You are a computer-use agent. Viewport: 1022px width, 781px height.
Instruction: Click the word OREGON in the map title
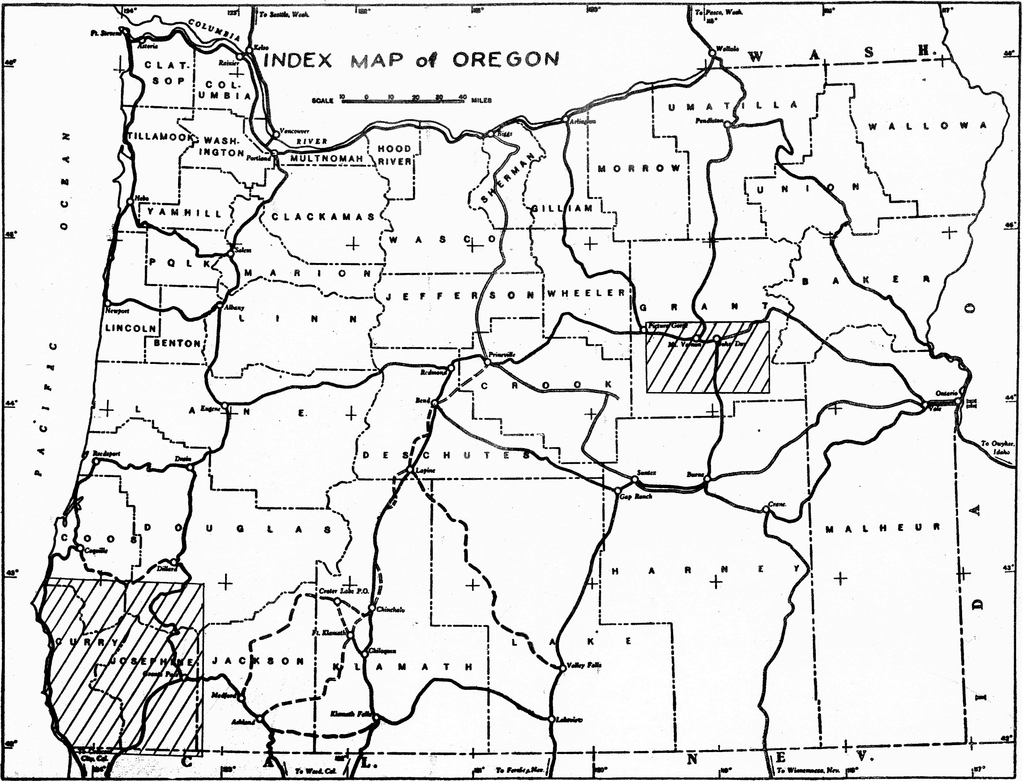click(x=505, y=59)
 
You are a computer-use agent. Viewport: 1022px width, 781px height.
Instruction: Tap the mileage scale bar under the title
click(x=403, y=101)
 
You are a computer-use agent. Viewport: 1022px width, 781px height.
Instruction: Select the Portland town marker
click(x=275, y=152)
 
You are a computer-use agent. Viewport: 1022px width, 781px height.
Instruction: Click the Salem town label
click(x=243, y=250)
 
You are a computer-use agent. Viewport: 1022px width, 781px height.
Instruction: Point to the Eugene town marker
click(x=225, y=406)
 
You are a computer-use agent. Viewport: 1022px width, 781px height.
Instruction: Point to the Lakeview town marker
click(x=551, y=719)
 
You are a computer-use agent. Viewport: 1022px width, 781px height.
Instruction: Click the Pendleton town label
click(x=709, y=120)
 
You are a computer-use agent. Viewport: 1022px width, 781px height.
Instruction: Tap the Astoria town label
click(x=148, y=46)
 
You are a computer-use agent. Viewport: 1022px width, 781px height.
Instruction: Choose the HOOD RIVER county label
click(x=394, y=155)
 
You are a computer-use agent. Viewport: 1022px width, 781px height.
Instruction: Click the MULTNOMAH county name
click(x=327, y=159)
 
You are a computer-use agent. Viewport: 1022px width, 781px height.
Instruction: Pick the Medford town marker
click(x=241, y=697)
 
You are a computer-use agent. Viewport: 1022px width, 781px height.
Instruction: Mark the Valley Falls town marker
click(x=562, y=668)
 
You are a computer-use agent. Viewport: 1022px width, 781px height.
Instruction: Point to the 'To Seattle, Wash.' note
click(x=284, y=14)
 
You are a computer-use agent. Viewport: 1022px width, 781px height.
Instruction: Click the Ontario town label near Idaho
click(x=946, y=393)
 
